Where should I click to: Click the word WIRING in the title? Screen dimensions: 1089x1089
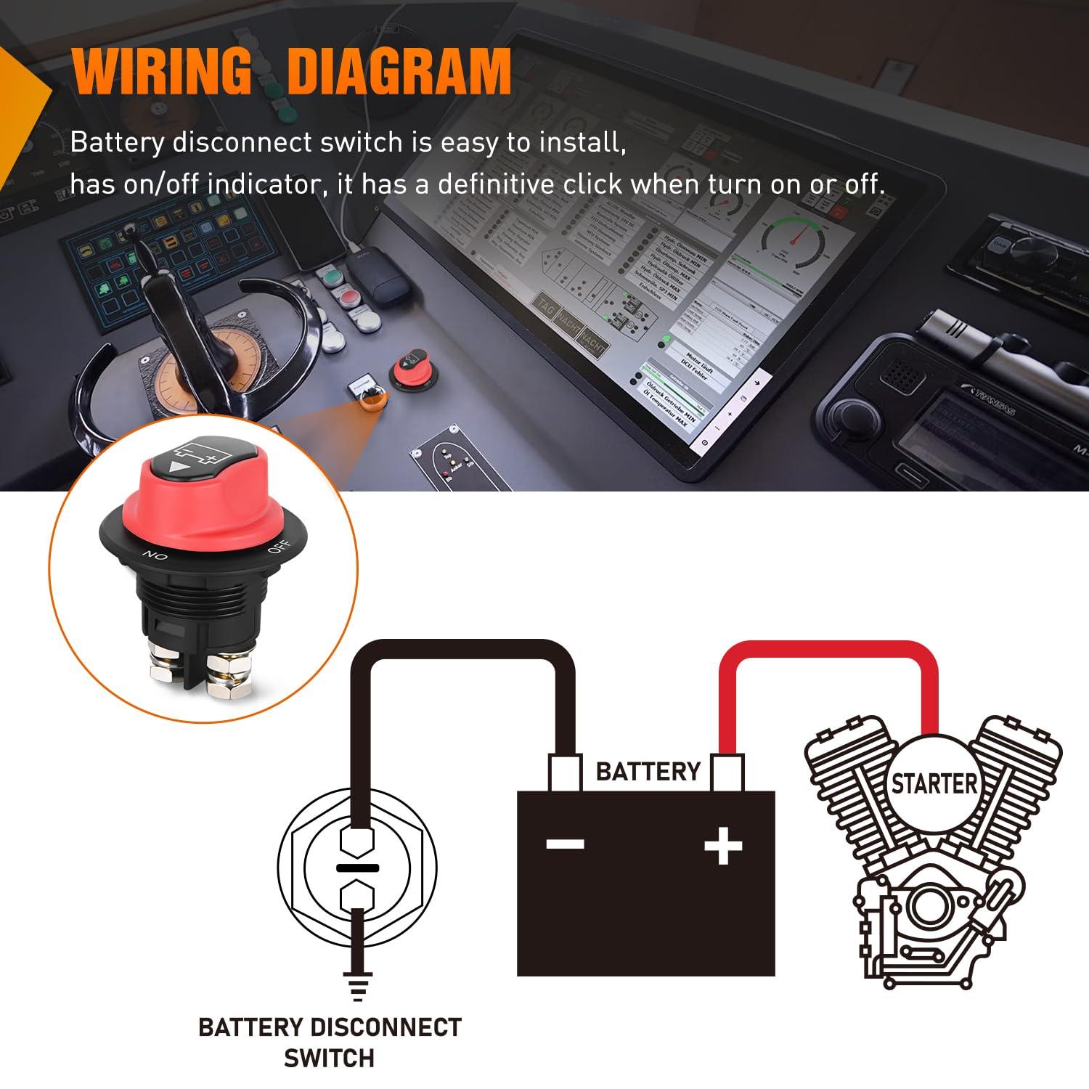[x=161, y=71]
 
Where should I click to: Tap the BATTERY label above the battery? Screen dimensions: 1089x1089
[x=648, y=771]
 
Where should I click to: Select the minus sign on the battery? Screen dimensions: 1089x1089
[x=565, y=844]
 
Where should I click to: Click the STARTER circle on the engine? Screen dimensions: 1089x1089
[x=934, y=784]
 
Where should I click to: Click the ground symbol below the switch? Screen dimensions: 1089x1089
[x=356, y=987]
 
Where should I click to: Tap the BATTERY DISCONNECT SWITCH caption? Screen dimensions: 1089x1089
[x=330, y=1043]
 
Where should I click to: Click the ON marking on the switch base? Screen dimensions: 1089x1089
[x=155, y=556]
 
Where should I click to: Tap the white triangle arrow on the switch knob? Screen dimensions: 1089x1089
[x=175, y=468]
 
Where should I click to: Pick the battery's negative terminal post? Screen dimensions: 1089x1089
[x=565, y=772]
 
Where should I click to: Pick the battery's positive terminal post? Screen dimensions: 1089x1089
[x=726, y=772]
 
